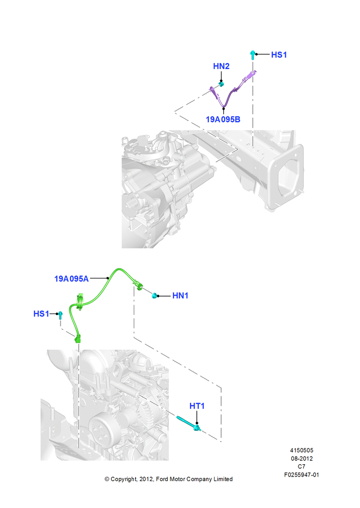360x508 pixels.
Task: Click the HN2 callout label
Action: pos(221,66)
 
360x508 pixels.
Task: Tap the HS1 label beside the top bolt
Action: pos(279,55)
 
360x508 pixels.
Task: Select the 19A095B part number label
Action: pos(223,119)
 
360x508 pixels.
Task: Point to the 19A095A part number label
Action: pos(71,278)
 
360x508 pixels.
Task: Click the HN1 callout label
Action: pos(181,296)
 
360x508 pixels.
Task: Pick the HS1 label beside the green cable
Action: pos(41,313)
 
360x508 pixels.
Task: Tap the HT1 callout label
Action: pos(197,406)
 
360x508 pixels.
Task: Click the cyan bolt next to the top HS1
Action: pos(253,55)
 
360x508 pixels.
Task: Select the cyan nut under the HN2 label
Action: pos(221,84)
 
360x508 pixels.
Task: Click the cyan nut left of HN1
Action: pos(155,296)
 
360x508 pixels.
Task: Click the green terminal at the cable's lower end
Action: pos(78,339)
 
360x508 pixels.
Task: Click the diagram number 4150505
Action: pos(302,450)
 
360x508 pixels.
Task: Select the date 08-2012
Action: pos(302,458)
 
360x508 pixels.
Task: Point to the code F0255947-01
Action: pos(302,475)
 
